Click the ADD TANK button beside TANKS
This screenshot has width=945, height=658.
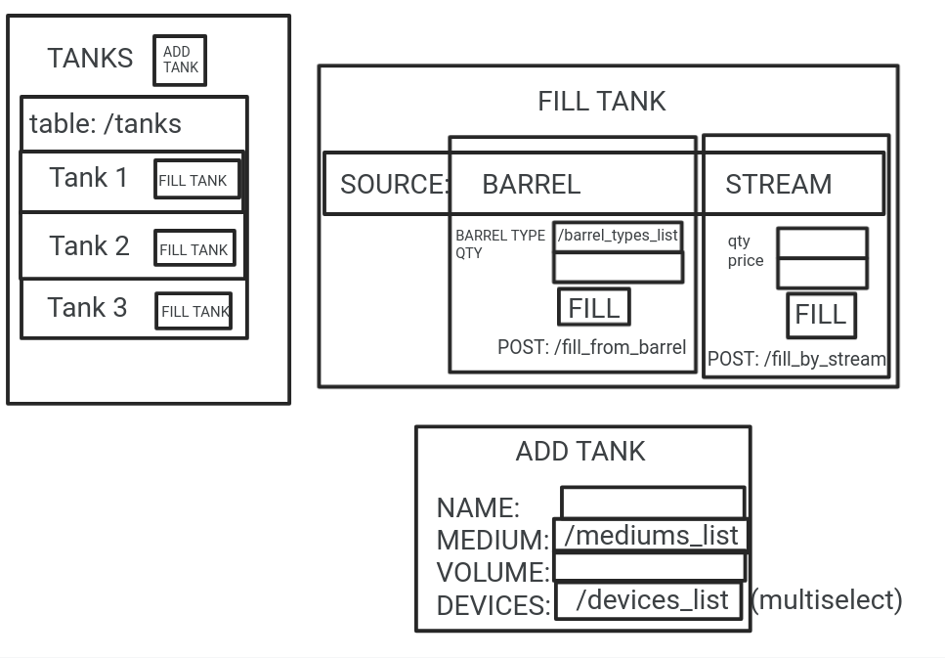pos(180,61)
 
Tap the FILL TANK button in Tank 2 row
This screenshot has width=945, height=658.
pos(194,248)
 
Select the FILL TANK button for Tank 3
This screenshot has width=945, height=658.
pos(193,311)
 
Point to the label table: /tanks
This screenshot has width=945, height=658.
pos(106,124)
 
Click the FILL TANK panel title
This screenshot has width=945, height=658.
pos(601,102)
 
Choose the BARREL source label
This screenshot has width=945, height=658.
pos(531,184)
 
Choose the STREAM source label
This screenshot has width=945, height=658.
pos(778,184)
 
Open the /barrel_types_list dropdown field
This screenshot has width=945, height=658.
pos(618,236)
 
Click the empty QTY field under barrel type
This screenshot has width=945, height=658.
pos(618,267)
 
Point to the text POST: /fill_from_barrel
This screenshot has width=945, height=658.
pos(591,347)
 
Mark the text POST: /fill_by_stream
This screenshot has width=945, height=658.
pos(796,359)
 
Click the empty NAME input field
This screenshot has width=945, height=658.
pos(652,503)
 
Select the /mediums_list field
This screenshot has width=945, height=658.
pos(651,536)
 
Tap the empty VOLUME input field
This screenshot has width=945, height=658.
pos(649,567)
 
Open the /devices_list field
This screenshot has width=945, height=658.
pos(651,600)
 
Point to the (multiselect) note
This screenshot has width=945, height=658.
pos(827,599)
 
